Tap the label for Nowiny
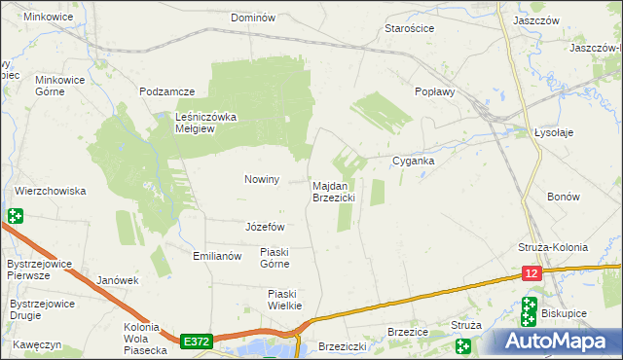point(261,179)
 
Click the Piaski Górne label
point(275,258)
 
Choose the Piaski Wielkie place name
point(284,299)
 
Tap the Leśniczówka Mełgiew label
point(206,124)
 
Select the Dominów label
point(253,18)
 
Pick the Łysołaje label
point(557,133)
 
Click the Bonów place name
point(563,197)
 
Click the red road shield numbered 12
point(531,275)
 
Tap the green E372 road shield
point(196,342)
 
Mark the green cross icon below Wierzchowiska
point(15,216)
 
